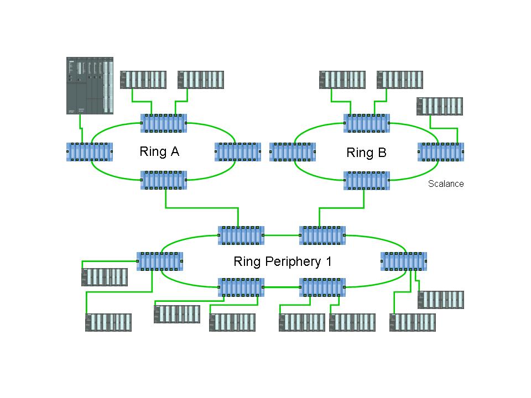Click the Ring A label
(x=159, y=151)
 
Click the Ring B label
(x=366, y=153)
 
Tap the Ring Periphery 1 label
(x=283, y=261)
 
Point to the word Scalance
(x=446, y=184)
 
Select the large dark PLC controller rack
(x=90, y=86)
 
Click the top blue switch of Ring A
(x=164, y=123)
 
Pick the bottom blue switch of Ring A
(x=164, y=180)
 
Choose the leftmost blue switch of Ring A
(x=90, y=151)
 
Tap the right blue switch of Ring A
(x=238, y=151)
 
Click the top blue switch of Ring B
(x=367, y=123)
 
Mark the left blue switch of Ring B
(x=293, y=151)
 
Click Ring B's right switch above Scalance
(x=441, y=151)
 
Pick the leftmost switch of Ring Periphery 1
(x=160, y=261)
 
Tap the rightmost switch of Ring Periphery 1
(x=404, y=261)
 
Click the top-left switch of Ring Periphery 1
(x=241, y=235)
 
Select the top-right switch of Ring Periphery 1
(x=322, y=235)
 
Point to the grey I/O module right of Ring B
(x=440, y=106)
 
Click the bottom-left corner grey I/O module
(x=108, y=322)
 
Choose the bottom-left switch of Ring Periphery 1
(x=241, y=287)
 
